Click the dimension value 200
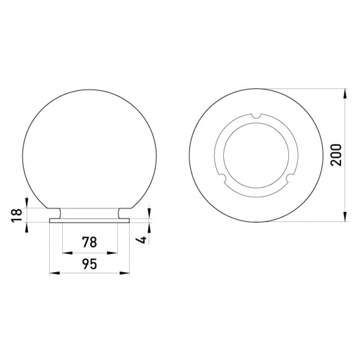tap(337, 155)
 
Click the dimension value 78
tap(90, 242)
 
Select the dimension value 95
tap(90, 264)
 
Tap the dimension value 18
tap(18, 215)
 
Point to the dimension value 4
tap(142, 239)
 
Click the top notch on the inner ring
tap(256, 116)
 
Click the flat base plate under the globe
tap(89, 220)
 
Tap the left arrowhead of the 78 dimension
tap(67, 253)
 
